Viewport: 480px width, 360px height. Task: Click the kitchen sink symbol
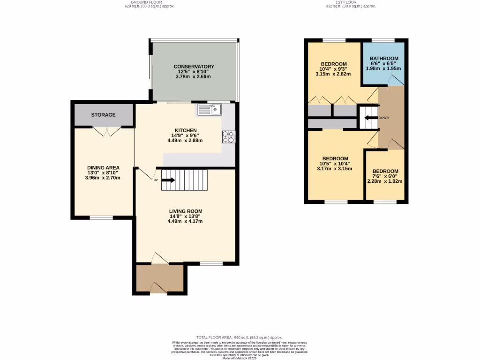pos(210,109)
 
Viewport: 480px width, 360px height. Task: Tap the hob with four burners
pos(228,136)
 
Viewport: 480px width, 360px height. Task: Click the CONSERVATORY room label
pos(194,67)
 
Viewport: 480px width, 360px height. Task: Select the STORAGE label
pos(103,115)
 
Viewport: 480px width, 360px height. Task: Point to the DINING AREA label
pos(103,167)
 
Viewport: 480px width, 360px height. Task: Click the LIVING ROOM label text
pos(186,211)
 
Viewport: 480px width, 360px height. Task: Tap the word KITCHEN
pos(185,130)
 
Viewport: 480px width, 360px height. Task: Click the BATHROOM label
pos(383,59)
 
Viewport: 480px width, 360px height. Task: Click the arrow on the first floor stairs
pos(371,118)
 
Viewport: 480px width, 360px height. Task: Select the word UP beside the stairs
pos(156,180)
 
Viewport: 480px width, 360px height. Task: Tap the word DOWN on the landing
pos(383,118)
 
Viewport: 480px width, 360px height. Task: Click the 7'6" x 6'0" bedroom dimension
pos(385,176)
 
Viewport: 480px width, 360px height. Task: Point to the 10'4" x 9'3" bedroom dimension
pos(333,69)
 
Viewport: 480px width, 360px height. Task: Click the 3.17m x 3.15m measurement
pos(335,169)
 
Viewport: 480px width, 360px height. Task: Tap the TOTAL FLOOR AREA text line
pos(240,337)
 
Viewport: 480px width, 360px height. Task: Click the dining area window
pos(101,217)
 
